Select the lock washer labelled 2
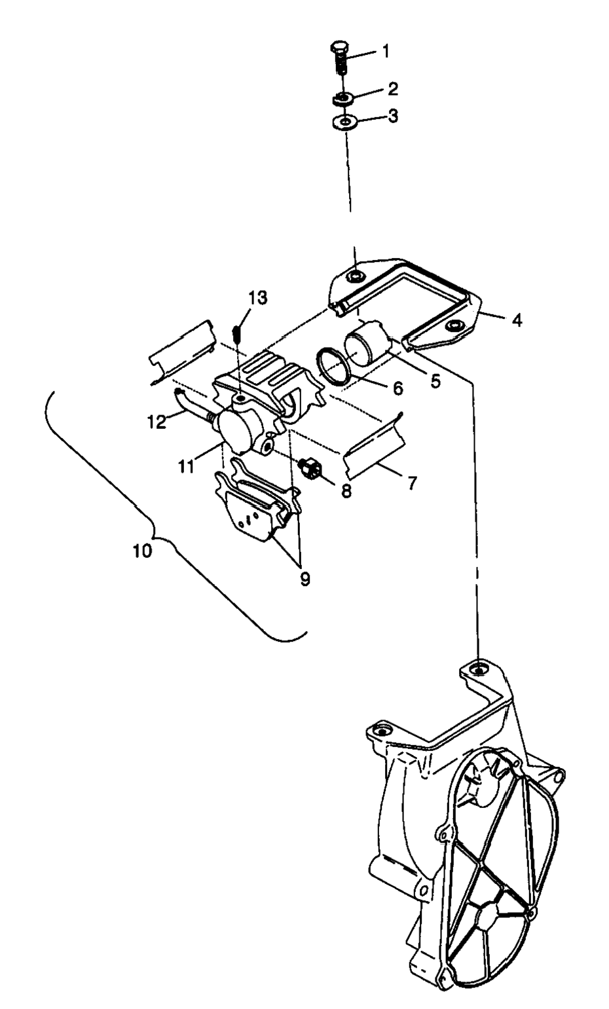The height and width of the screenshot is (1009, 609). [341, 99]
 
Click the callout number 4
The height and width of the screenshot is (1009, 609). [517, 321]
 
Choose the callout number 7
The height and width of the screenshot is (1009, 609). [411, 483]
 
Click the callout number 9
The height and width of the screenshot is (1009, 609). [305, 578]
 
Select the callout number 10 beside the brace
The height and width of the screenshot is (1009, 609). [141, 551]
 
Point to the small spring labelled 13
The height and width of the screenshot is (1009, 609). [238, 331]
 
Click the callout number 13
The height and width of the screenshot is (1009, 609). [257, 298]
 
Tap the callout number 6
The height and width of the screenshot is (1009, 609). [397, 388]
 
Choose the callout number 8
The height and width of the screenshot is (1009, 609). [345, 490]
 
